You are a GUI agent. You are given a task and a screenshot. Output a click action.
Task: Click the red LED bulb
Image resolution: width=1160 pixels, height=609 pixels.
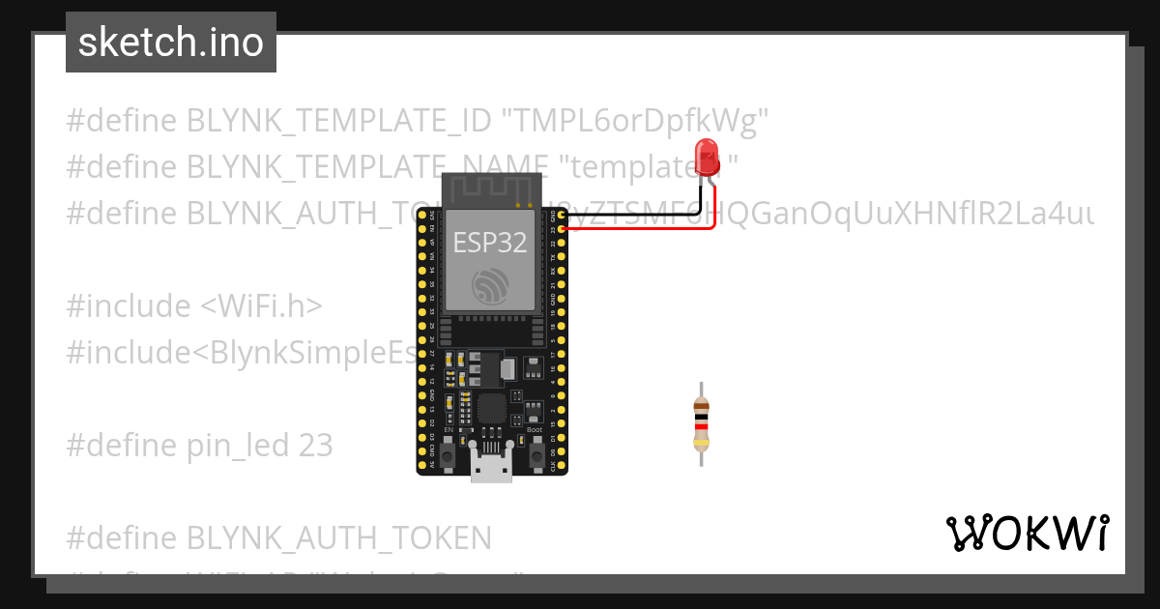707,155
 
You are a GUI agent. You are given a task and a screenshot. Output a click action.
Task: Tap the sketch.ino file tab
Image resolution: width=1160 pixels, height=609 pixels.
171,43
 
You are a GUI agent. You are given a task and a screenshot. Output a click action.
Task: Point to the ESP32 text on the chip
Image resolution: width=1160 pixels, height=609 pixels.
490,243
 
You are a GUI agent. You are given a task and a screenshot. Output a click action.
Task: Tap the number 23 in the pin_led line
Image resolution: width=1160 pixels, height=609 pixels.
313,446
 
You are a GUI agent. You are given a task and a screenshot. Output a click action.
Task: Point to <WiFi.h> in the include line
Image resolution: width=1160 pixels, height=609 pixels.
261,306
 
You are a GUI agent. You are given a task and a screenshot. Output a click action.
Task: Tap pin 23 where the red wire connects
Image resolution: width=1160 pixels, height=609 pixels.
562,230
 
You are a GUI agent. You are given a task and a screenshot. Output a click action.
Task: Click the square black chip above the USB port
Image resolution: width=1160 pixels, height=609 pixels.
492,408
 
